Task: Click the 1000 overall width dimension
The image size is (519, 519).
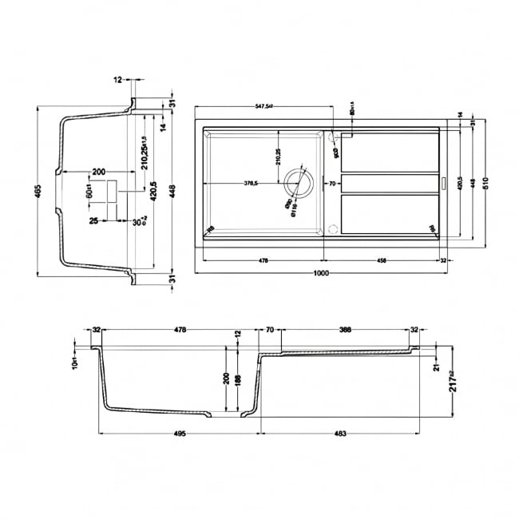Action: (x=322, y=274)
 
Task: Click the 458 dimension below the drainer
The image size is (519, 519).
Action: (x=382, y=259)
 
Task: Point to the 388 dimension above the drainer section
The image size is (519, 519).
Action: (x=344, y=328)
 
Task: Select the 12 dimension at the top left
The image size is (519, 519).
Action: (x=117, y=80)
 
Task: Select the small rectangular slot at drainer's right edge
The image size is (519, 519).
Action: (x=444, y=183)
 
